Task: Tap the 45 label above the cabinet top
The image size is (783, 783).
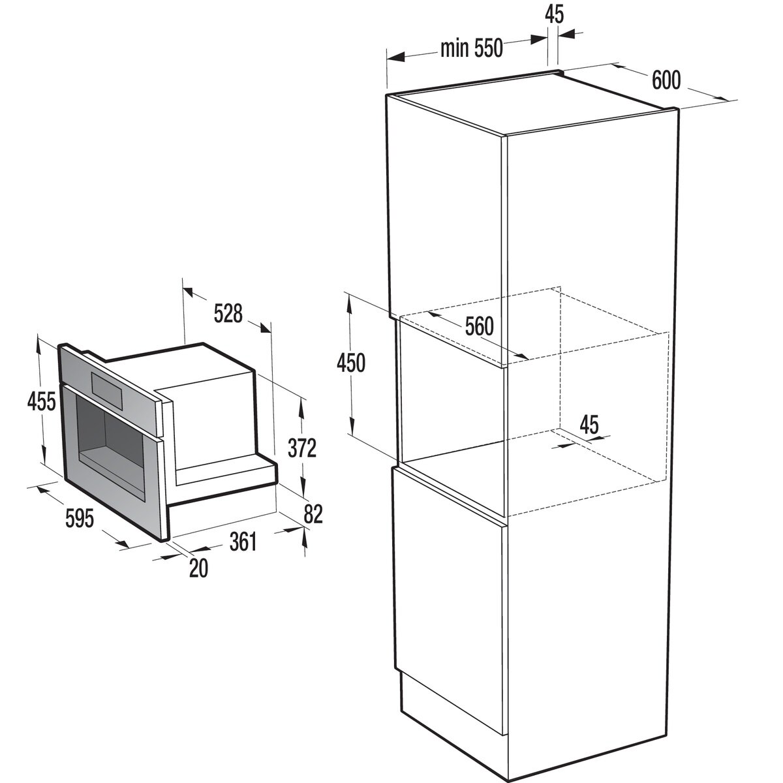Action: click(x=554, y=14)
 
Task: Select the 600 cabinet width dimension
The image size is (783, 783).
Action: click(x=666, y=80)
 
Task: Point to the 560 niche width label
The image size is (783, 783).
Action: click(x=480, y=326)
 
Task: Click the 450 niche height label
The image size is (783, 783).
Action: click(x=351, y=363)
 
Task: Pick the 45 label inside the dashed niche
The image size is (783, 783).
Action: click(x=589, y=425)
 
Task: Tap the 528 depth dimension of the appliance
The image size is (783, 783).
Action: click(x=228, y=313)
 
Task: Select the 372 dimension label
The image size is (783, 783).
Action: click(x=303, y=448)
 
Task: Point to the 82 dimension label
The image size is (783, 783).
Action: click(x=313, y=514)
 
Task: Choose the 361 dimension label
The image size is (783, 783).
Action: click(x=243, y=541)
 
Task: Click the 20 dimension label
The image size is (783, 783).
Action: click(x=198, y=568)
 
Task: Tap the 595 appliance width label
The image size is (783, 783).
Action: click(x=80, y=519)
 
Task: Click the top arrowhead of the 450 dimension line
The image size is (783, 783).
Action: click(x=350, y=299)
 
